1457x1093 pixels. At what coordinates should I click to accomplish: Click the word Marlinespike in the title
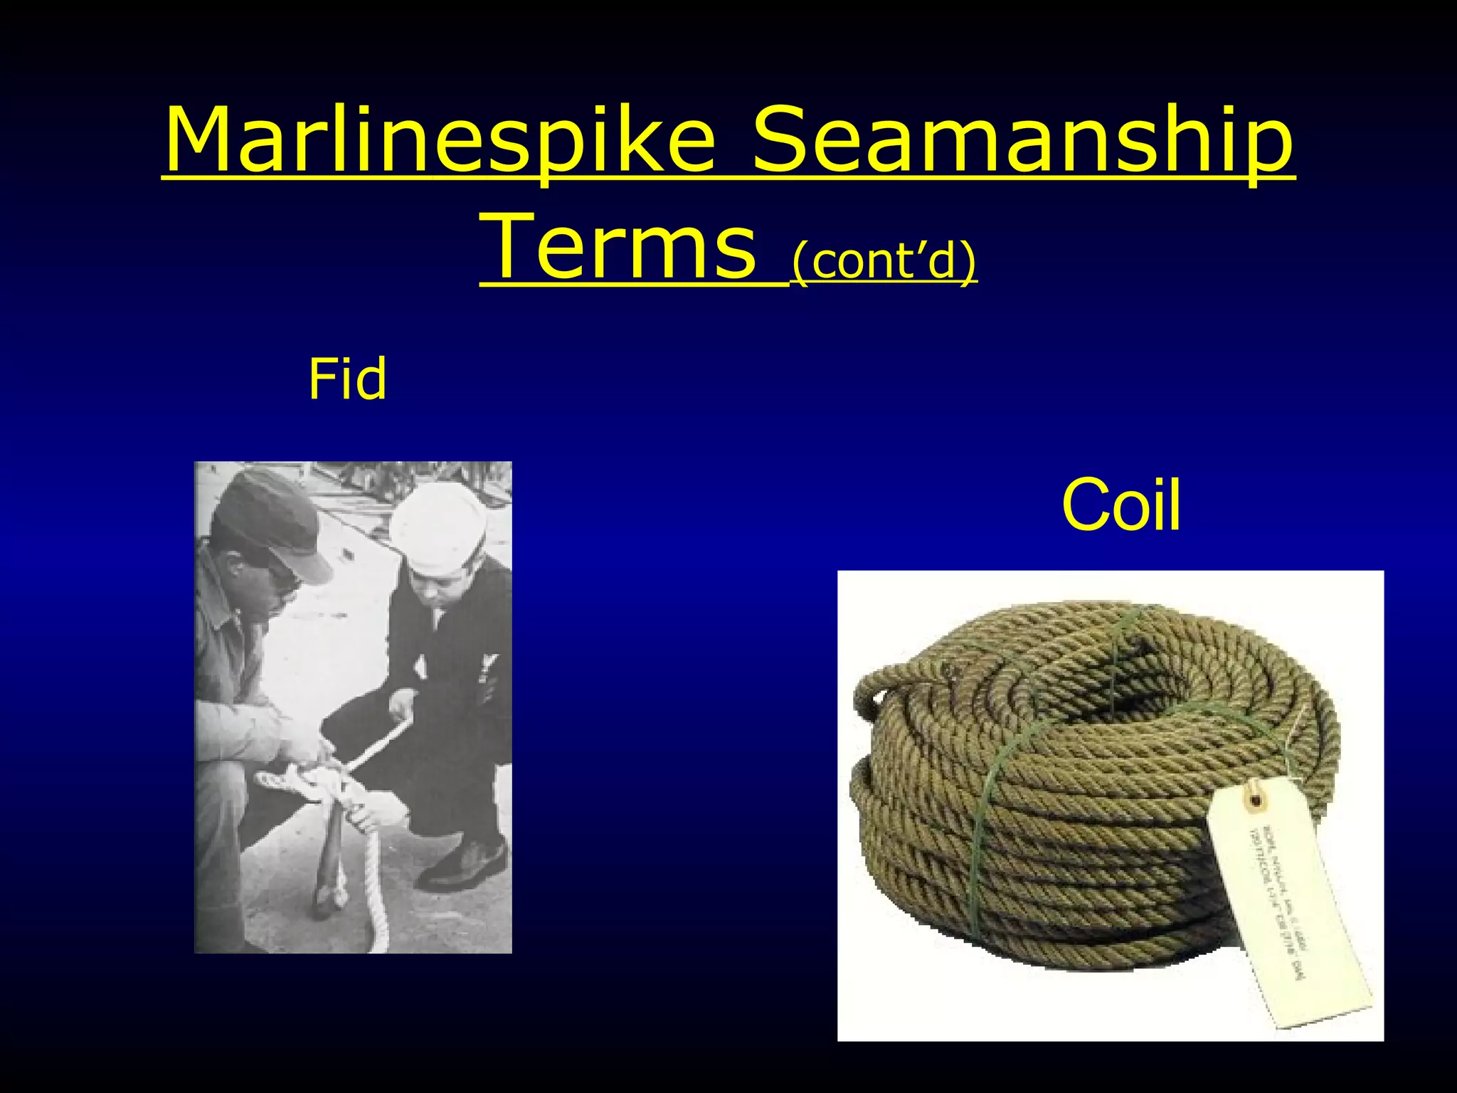tap(439, 140)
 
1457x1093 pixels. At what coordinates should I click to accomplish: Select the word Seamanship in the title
tap(1022, 140)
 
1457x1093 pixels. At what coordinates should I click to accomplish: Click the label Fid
tap(347, 379)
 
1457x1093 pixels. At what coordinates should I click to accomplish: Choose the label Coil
tap(1121, 505)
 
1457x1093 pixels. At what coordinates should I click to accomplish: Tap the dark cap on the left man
tap(267, 513)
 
